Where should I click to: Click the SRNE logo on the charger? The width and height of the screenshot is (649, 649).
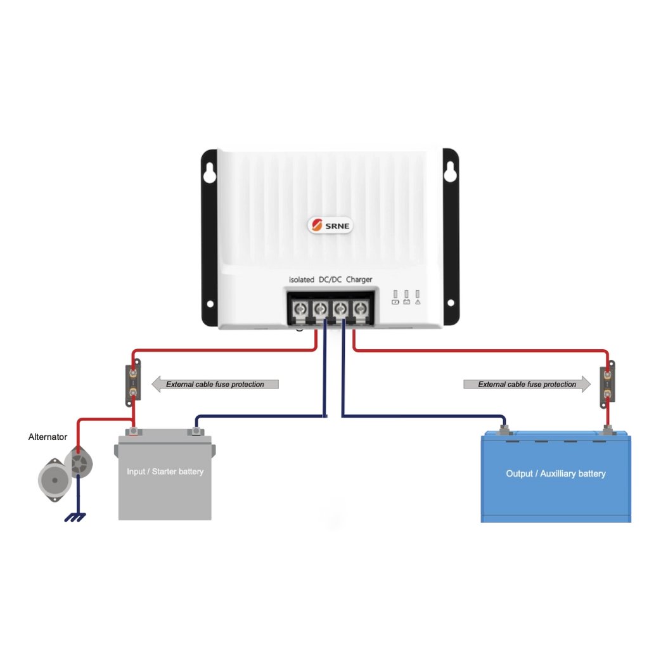pos(331,225)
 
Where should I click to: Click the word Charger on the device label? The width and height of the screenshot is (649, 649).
pos(359,280)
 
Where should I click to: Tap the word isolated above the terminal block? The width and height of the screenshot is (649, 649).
pos(302,280)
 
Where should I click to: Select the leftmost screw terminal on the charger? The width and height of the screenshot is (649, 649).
pos(300,309)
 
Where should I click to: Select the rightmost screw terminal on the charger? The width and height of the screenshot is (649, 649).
pos(361,309)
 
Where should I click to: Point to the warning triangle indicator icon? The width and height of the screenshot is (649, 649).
pos(418,302)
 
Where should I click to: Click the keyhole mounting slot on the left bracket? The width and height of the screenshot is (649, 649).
pos(210,172)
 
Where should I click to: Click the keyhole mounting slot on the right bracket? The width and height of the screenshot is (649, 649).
pos(450,172)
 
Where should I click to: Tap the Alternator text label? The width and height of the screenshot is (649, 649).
pos(48,437)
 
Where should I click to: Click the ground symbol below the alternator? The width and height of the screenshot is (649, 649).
pos(75,517)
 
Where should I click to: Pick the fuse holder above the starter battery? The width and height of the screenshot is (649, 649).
pos(134,383)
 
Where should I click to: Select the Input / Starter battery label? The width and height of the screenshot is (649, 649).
pos(165,472)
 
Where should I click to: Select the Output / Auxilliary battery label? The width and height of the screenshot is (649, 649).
pos(555,473)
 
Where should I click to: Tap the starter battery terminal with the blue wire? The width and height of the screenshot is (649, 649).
pos(196,432)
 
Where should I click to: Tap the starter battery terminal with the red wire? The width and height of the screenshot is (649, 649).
pos(134,432)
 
